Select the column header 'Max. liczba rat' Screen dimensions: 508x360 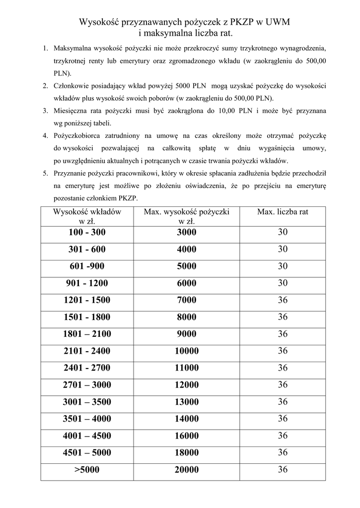tap(283, 212)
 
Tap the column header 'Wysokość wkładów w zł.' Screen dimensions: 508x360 tap(87, 216)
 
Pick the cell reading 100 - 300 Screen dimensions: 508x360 tap(87, 232)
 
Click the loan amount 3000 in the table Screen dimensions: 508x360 tap(186, 232)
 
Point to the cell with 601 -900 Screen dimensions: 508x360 tap(87, 266)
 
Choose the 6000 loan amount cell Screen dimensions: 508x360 tap(186, 283)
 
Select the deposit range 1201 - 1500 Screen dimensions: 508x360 tap(87, 300)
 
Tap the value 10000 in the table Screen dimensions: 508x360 tap(186, 351)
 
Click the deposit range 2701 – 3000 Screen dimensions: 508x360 tap(87, 384)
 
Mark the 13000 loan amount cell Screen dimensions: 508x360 tap(186, 402)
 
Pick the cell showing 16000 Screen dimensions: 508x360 tap(186, 436)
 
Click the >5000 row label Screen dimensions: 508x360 tap(87, 470)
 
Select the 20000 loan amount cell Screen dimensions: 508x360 tap(186, 470)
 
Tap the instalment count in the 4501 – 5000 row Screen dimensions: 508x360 tap(283, 452)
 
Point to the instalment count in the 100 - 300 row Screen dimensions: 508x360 tap(283, 232)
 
